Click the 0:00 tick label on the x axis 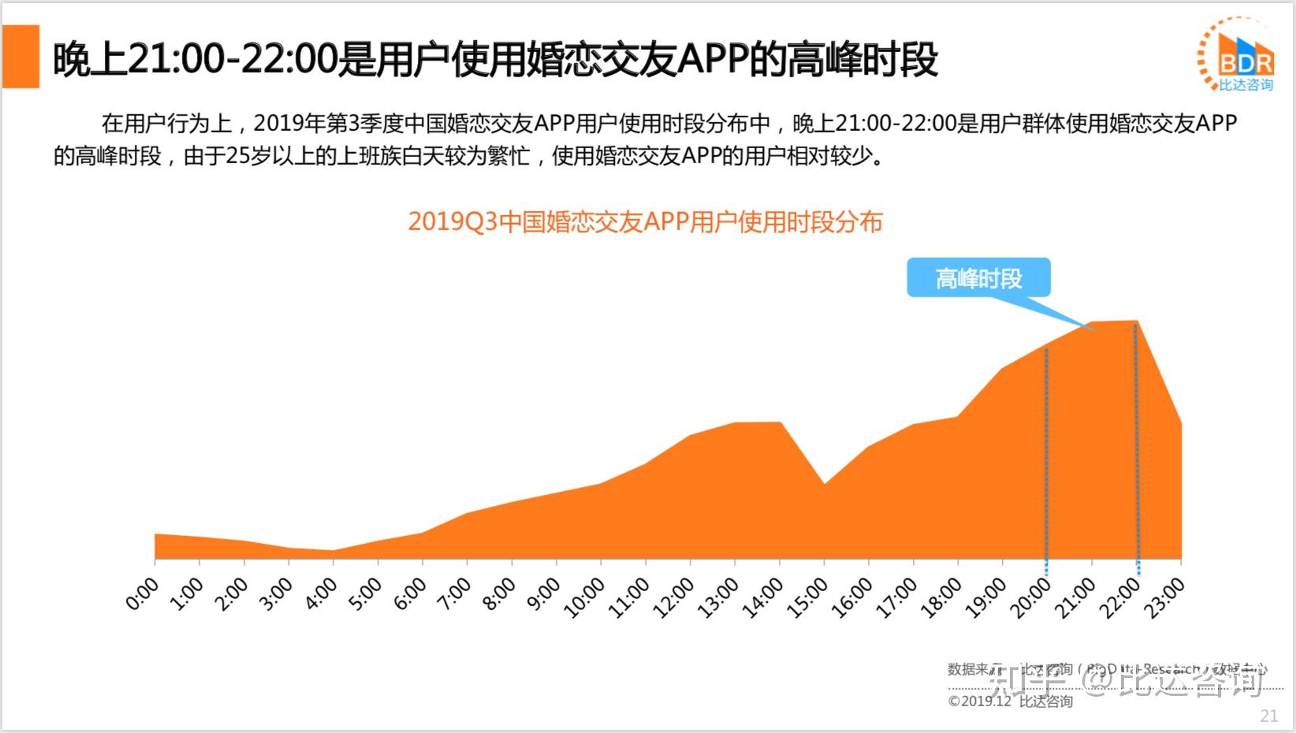coord(143,593)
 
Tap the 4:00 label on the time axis coord(321,593)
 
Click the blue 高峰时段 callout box coord(978,278)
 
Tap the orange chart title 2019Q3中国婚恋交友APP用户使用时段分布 coord(645,222)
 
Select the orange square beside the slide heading coord(20,57)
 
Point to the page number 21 coord(1268,716)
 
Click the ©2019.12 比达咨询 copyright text coord(1010,701)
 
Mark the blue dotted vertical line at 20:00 coord(1046,457)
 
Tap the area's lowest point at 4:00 coord(333,551)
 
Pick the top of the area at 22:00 coord(1136,322)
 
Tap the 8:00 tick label coord(499,593)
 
